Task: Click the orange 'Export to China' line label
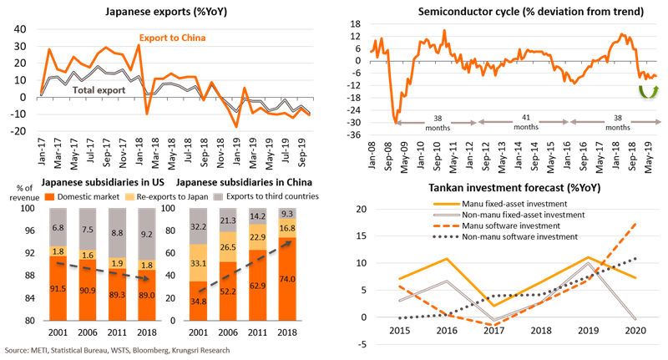click(x=171, y=38)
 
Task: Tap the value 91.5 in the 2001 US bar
click(x=58, y=289)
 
